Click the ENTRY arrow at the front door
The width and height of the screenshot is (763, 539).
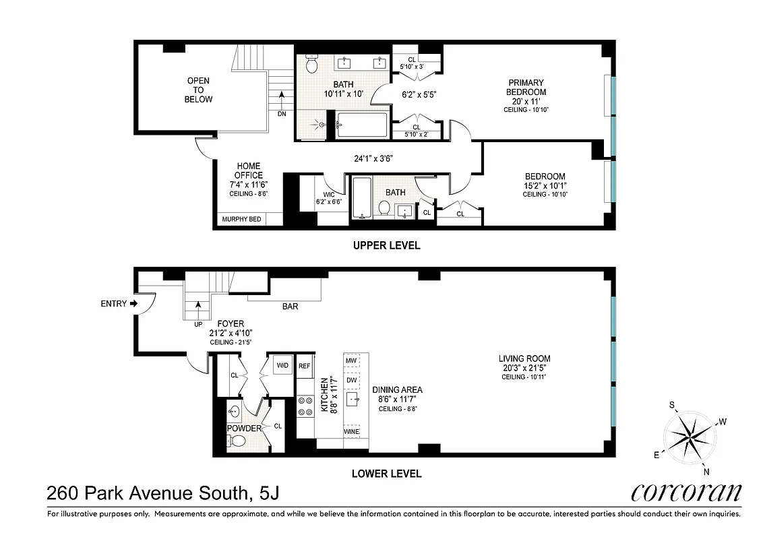133,304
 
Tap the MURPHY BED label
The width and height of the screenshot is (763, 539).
241,219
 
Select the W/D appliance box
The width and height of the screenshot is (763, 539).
281,366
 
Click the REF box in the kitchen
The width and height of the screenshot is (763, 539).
305,366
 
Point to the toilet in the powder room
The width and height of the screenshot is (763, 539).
237,441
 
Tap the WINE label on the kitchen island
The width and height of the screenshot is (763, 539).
351,431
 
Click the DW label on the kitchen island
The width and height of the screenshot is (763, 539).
351,380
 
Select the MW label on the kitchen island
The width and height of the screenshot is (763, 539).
351,361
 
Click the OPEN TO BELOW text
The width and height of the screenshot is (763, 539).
199,90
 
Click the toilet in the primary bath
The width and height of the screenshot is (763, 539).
312,65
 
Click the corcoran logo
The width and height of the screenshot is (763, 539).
686,493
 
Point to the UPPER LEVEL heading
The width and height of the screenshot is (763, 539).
387,245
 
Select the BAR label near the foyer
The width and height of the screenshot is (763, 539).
290,307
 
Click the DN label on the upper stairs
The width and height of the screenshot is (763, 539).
281,114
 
